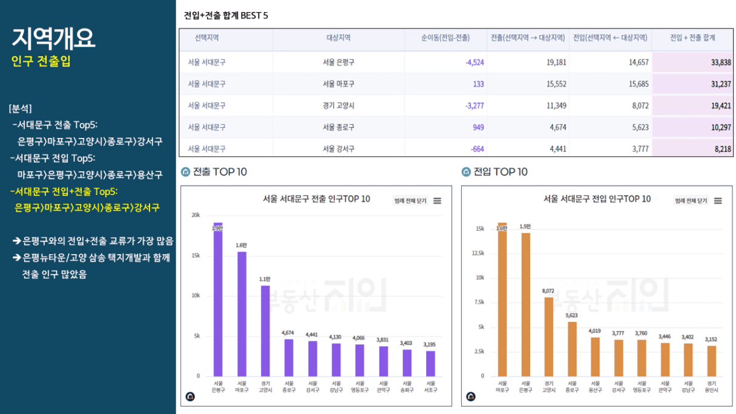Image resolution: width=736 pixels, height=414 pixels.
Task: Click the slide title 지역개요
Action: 53,39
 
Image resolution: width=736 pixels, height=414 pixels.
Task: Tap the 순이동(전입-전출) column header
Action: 445,38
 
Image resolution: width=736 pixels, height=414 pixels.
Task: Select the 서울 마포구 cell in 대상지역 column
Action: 338,84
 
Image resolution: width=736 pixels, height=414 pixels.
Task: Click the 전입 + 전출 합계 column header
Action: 692,38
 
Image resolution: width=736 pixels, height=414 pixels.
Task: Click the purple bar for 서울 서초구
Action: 430,363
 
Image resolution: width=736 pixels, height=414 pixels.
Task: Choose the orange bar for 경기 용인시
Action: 711,361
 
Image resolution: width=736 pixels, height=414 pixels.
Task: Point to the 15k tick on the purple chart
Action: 195,255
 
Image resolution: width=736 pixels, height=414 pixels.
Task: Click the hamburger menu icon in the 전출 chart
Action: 438,201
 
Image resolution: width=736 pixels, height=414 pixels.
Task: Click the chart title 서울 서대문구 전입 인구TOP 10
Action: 597,199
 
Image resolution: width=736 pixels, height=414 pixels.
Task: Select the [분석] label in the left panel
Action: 21,109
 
